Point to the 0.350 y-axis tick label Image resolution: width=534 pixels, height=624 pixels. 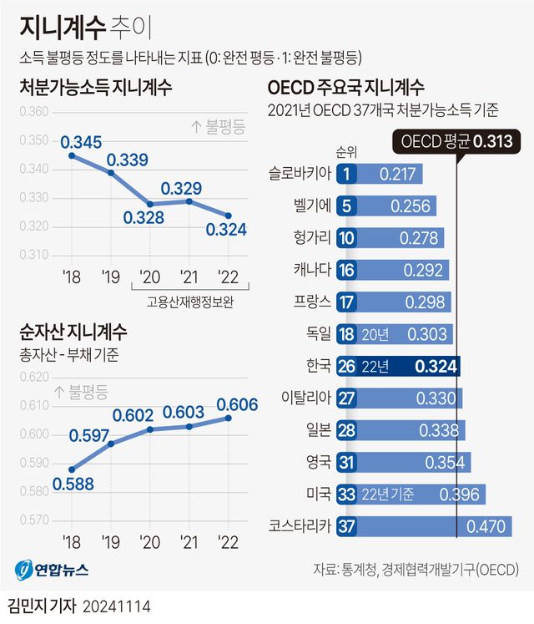pyautogui.click(x=34, y=140)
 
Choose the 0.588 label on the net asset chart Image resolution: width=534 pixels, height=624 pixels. pyautogui.click(x=73, y=483)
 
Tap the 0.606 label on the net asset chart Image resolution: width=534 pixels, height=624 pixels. pyautogui.click(x=237, y=404)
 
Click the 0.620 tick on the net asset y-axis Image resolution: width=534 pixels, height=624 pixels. pyautogui.click(x=34, y=377)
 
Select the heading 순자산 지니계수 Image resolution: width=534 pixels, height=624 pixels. pyautogui.click(x=73, y=332)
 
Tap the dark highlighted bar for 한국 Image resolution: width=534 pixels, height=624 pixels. pyautogui.click(x=400, y=366)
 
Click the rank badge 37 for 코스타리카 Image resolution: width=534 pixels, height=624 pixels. pyautogui.click(x=349, y=526)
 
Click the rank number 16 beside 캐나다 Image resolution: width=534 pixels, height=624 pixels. pyautogui.click(x=349, y=270)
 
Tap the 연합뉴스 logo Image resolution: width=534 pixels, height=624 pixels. pyautogui.click(x=52, y=571)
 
